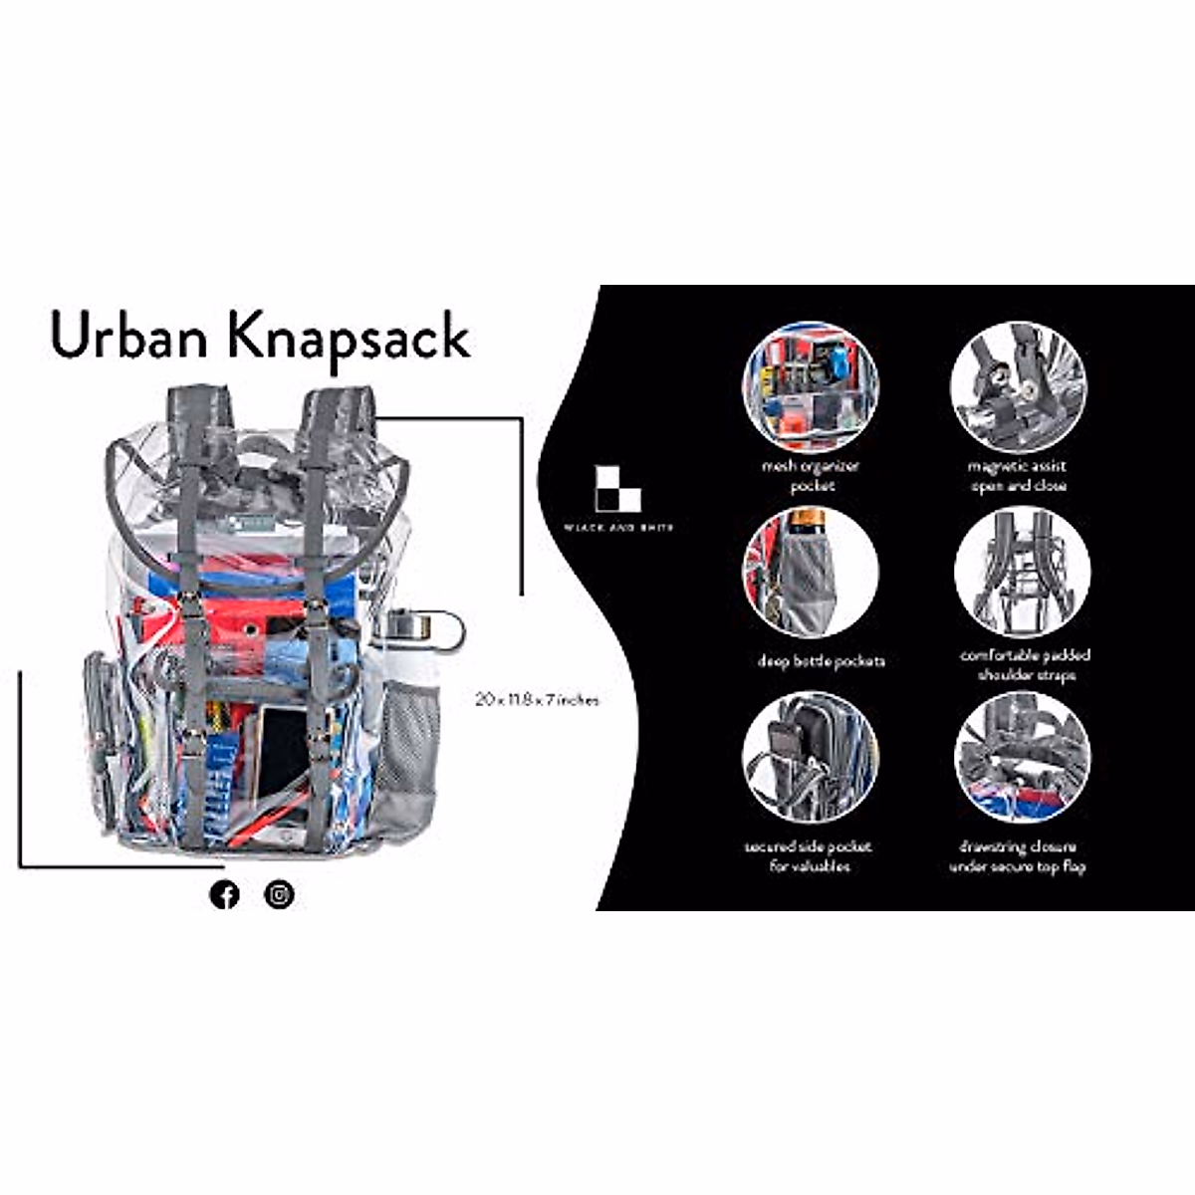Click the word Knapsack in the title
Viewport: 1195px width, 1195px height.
[x=349, y=337]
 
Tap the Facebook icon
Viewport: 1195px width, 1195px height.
[x=225, y=894]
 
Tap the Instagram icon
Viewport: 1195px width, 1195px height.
[x=279, y=894]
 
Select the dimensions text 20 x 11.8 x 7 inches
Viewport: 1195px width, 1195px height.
[x=537, y=700]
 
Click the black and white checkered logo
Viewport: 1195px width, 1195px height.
[x=617, y=488]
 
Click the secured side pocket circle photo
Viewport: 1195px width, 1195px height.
[x=810, y=759]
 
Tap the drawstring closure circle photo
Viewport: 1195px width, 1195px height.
[x=1022, y=759]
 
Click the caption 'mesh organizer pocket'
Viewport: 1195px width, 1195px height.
[x=811, y=476]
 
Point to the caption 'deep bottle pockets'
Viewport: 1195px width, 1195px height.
[x=821, y=661]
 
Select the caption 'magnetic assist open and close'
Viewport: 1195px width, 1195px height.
[x=1018, y=476]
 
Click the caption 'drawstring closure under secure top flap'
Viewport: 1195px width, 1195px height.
[x=1018, y=856]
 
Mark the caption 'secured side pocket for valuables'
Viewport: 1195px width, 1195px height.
[x=809, y=856]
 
